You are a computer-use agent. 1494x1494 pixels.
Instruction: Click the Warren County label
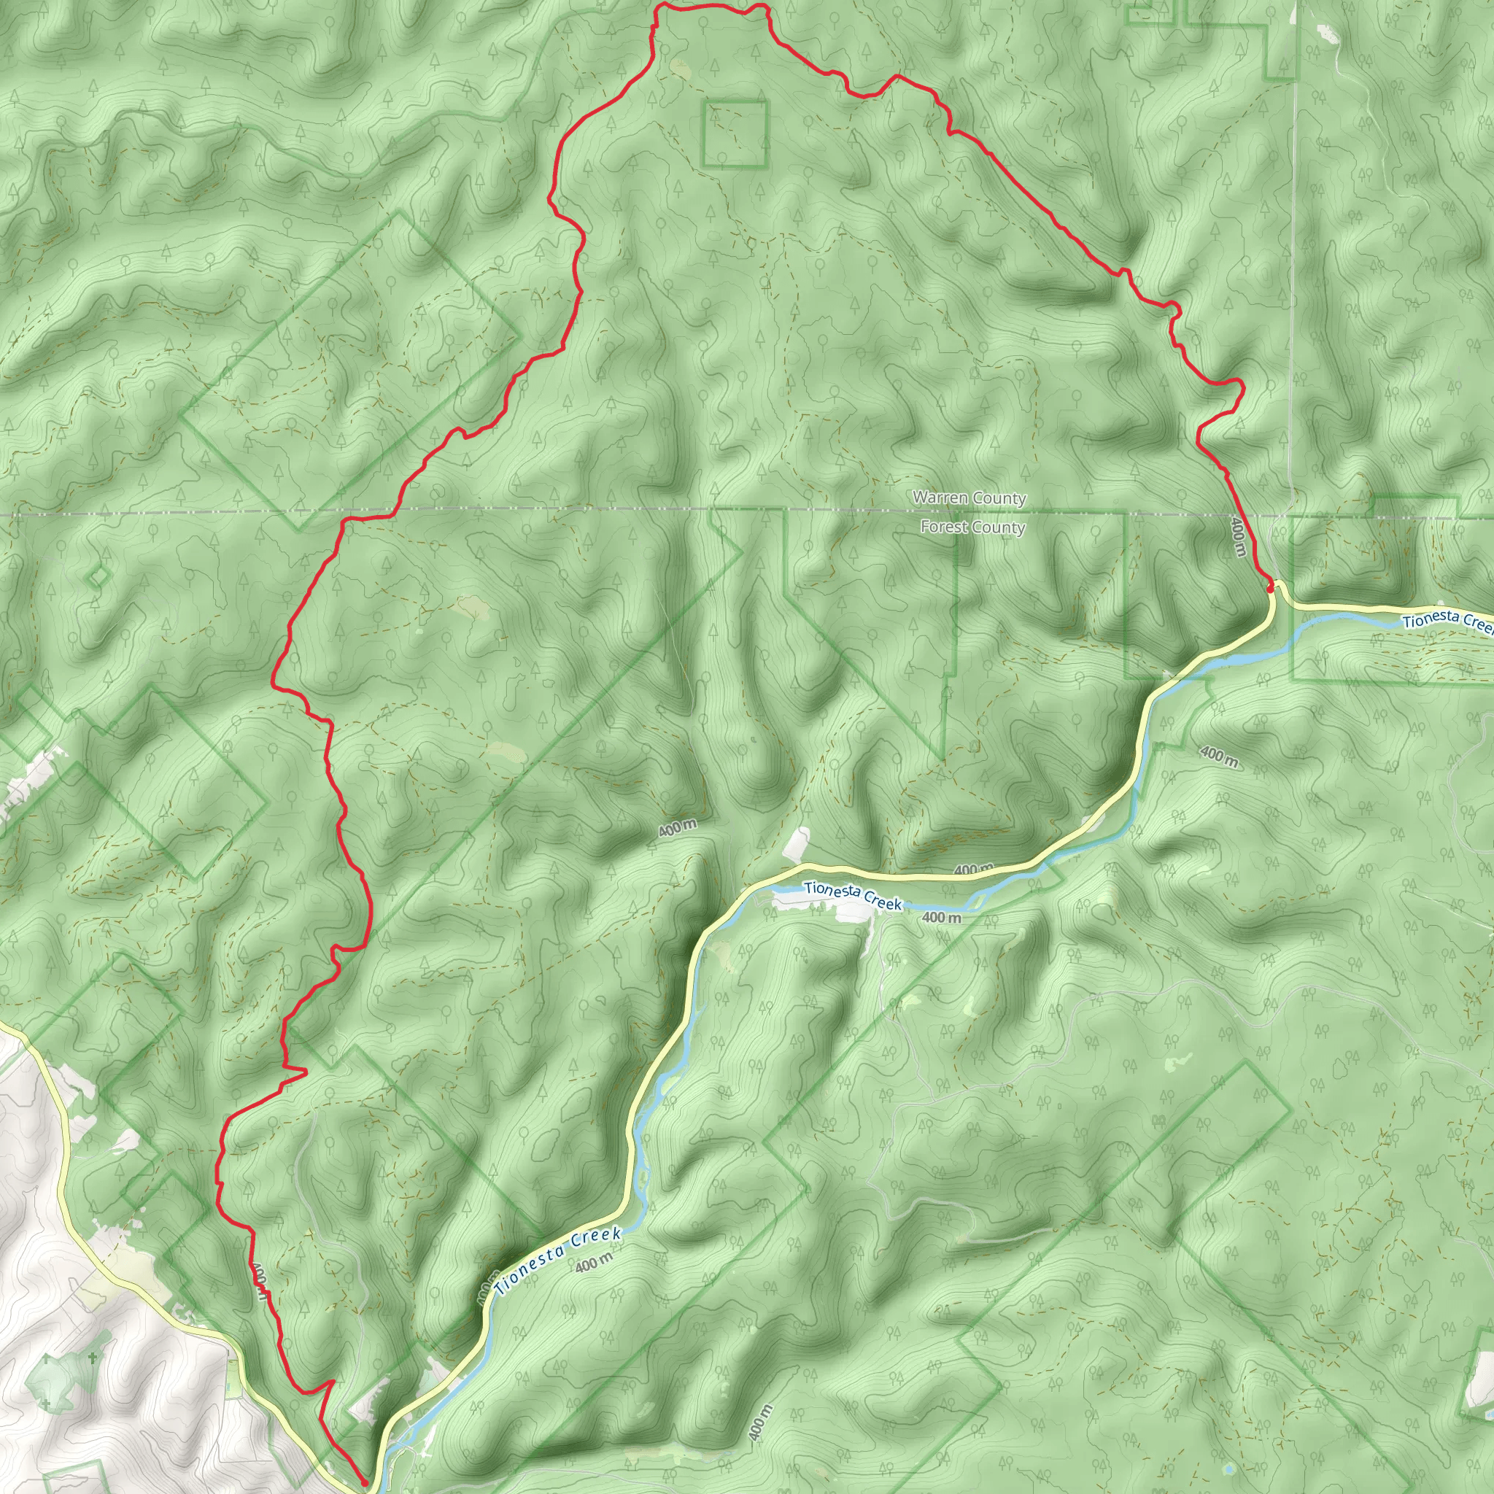(x=969, y=498)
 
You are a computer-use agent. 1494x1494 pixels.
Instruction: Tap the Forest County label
(x=972, y=527)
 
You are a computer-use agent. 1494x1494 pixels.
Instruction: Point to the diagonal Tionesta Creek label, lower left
(x=558, y=1261)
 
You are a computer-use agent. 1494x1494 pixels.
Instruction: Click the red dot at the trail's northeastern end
(x=1270, y=589)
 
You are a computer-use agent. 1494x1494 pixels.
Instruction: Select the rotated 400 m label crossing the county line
(x=1238, y=538)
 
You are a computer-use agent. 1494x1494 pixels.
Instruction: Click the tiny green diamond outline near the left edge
(x=98, y=577)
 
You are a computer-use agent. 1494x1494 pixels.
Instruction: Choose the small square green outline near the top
(x=735, y=133)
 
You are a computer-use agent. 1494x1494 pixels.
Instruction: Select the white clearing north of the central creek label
(x=798, y=843)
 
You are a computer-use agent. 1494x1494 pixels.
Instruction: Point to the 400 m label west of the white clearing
(x=678, y=828)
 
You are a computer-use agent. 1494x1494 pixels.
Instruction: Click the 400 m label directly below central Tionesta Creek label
(x=941, y=918)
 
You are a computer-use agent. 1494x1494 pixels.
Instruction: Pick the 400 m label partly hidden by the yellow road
(x=973, y=869)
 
